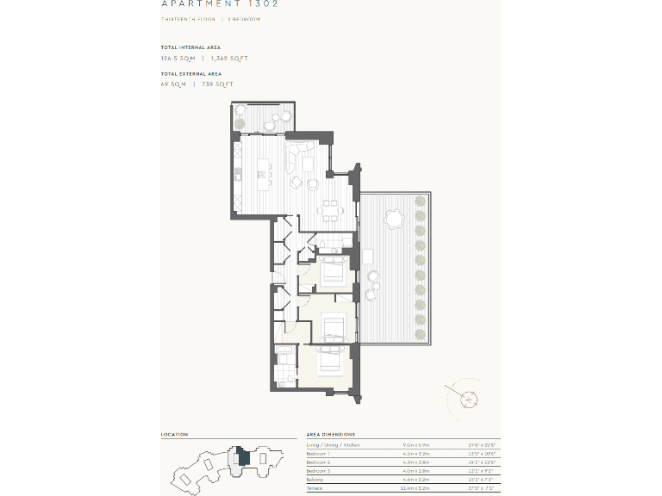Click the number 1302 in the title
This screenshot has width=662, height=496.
coord(265,3)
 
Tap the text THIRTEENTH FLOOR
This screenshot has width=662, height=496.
coord(188,19)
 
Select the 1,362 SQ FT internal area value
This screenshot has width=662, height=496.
coord(229,59)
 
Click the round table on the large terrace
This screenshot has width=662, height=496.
coord(395,220)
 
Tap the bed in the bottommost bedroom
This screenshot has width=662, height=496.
coord(332,360)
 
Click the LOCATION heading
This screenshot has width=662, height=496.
coord(174,435)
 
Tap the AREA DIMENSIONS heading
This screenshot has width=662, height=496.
coord(330,435)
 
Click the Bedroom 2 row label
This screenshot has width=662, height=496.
coord(319,462)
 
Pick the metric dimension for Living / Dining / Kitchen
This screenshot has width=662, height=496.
coord(415,444)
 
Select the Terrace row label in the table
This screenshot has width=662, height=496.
coord(315,489)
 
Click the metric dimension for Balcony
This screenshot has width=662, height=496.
coord(415,480)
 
